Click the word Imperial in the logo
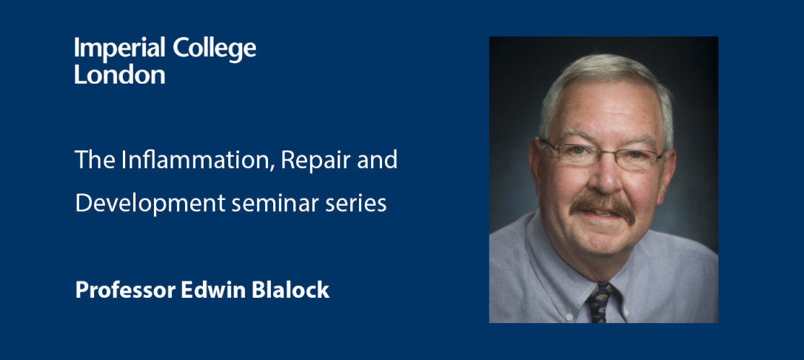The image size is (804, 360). coord(119,49)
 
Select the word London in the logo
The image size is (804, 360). coord(119,74)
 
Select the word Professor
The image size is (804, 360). coord(125,290)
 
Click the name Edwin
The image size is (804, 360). coord(213,290)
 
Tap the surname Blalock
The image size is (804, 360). coord(290,290)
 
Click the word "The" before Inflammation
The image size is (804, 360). coord(96,161)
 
